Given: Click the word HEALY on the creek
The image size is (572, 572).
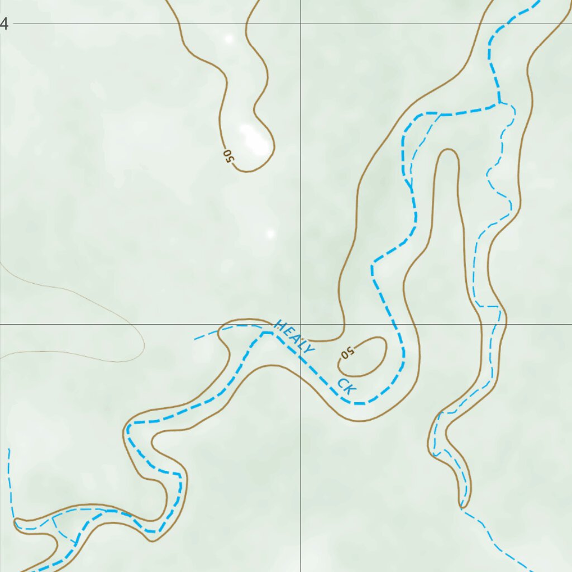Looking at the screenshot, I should [x=294, y=337].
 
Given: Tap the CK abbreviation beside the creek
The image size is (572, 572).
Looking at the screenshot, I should [x=346, y=387].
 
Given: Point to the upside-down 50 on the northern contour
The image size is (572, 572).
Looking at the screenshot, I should [x=228, y=156].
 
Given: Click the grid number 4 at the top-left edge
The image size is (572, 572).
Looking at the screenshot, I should [x=4, y=24].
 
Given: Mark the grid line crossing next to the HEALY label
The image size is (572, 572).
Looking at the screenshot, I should [x=301, y=324].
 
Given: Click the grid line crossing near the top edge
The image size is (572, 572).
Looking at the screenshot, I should [x=301, y=23].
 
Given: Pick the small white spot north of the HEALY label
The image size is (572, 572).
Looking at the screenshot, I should [x=271, y=233].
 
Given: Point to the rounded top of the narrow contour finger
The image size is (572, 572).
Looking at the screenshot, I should [x=448, y=151].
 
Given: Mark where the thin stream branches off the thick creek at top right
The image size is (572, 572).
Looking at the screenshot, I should [x=499, y=103].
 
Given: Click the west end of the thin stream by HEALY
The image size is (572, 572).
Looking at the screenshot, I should [x=196, y=339].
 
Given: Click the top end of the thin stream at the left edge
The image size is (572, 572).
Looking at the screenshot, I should [x=9, y=449].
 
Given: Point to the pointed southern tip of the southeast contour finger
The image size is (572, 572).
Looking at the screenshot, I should [x=461, y=507].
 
